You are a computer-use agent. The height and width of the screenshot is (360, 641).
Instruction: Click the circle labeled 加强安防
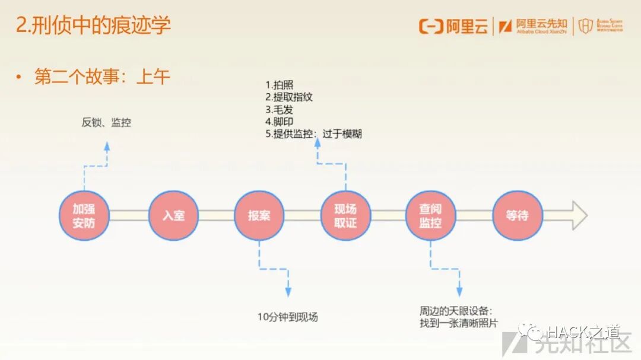[x=84, y=215]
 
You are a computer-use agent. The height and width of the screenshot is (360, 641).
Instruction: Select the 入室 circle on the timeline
[x=173, y=215]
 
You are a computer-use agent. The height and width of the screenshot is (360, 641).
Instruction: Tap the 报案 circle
[x=259, y=215]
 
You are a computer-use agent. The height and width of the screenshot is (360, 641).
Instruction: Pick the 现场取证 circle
[x=345, y=215]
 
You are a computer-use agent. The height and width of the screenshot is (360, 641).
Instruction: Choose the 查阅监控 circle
[x=430, y=215]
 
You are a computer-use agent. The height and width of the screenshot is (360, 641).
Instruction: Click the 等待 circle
[x=517, y=215]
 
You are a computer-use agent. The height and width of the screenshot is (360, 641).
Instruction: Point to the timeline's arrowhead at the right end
[x=579, y=215]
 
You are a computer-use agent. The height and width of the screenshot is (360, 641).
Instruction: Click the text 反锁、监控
[x=106, y=123]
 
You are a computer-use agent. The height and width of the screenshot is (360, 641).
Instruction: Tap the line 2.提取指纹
[x=288, y=97]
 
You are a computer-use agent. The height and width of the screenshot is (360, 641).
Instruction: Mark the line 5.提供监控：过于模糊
[x=313, y=134]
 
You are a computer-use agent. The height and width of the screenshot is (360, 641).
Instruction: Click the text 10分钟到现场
[x=288, y=317]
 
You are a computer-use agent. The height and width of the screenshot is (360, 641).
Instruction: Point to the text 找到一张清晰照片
[x=459, y=323]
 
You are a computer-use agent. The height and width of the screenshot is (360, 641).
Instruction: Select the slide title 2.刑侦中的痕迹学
[x=93, y=26]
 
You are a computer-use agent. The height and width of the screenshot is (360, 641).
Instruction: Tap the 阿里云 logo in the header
[x=453, y=26]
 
